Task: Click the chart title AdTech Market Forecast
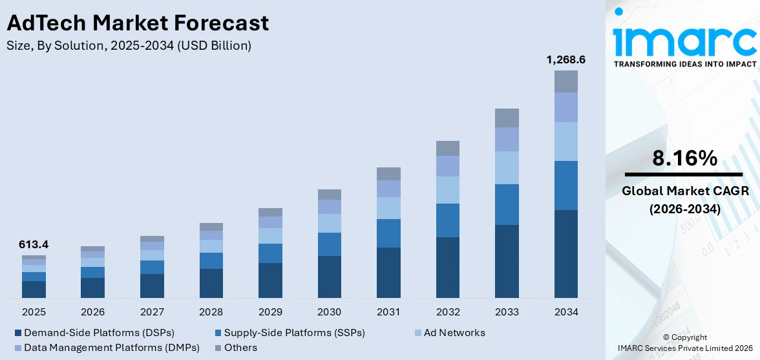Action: pos(137,23)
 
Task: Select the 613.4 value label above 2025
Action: pos(34,244)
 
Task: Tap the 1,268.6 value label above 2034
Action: pos(565,59)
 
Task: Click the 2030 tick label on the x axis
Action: pos(330,312)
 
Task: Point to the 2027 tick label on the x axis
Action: pos(152,312)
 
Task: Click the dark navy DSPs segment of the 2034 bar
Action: pos(565,253)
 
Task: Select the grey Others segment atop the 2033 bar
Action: pos(507,118)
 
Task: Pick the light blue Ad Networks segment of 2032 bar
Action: pos(448,190)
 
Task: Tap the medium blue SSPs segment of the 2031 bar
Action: pos(388,233)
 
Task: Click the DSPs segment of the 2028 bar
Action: pos(211,283)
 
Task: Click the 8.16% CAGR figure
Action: pos(684,158)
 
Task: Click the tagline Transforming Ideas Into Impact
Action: pos(684,64)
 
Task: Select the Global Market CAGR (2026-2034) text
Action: pos(684,200)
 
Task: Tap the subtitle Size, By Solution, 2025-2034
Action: pos(129,45)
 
